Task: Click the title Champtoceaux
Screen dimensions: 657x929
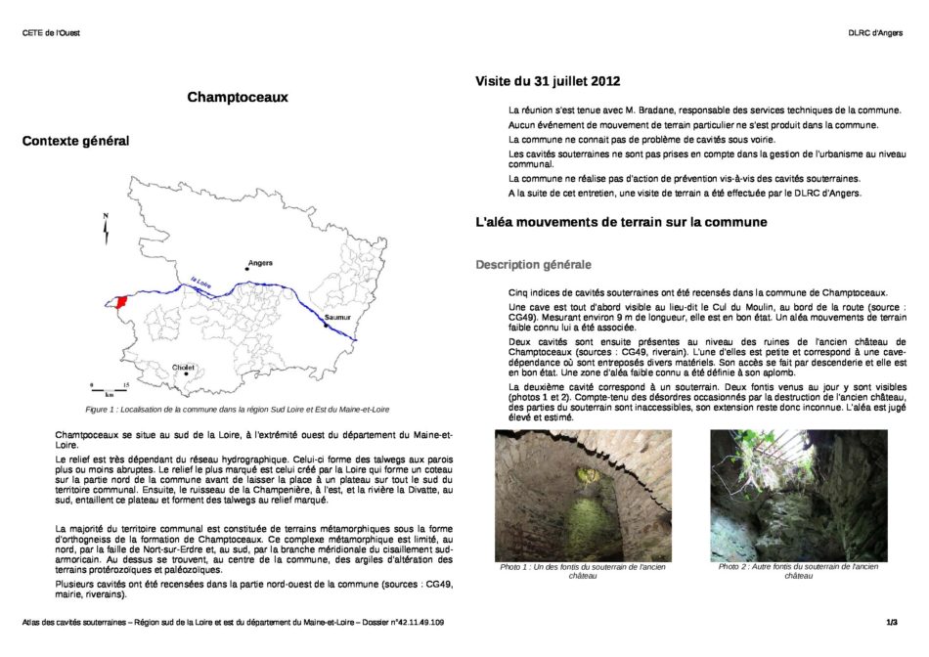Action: [238, 97]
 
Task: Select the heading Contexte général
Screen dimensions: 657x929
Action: [75, 142]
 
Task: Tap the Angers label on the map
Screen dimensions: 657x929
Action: [260, 263]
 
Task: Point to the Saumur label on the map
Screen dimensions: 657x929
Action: [336, 318]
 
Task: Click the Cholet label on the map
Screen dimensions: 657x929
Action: [183, 368]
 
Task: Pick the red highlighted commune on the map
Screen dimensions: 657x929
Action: [121, 301]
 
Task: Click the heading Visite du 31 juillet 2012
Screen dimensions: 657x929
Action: [548, 81]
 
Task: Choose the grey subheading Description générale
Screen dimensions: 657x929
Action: [533, 265]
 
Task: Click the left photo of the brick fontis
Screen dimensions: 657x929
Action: [583, 495]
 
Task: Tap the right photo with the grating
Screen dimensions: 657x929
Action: [798, 495]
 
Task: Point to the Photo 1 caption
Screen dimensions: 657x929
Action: [583, 571]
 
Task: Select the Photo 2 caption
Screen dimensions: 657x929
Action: [798, 571]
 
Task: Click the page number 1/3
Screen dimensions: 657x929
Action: [892, 622]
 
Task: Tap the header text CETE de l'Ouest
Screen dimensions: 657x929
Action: [51, 33]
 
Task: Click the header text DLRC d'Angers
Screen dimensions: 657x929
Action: [874, 33]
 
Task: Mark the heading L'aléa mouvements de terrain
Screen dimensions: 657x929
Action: [621, 222]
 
